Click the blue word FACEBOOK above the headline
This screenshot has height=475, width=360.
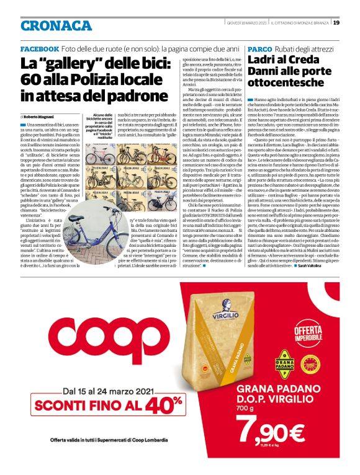[40, 48]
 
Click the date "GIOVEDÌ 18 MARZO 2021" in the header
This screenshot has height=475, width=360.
[246, 23]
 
